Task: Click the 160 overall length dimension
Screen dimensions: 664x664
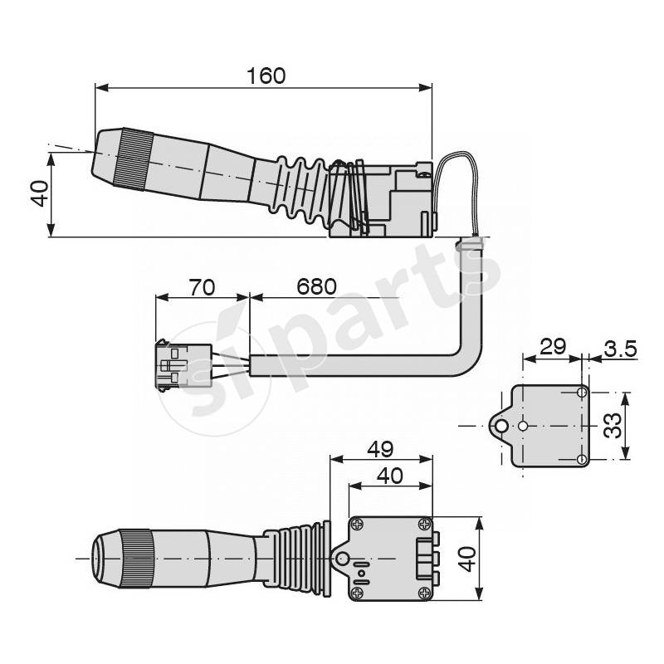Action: click(x=266, y=76)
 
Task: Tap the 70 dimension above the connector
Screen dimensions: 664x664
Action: click(x=202, y=287)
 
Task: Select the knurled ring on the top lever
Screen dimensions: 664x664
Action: click(x=132, y=158)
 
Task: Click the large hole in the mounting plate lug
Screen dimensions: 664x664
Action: click(x=500, y=426)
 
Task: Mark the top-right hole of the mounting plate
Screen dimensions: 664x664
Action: click(x=582, y=393)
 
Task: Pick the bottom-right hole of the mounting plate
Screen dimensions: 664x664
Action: click(x=582, y=459)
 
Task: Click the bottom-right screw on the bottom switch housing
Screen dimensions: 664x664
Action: click(x=425, y=592)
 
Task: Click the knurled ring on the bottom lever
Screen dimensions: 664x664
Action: click(x=134, y=558)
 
